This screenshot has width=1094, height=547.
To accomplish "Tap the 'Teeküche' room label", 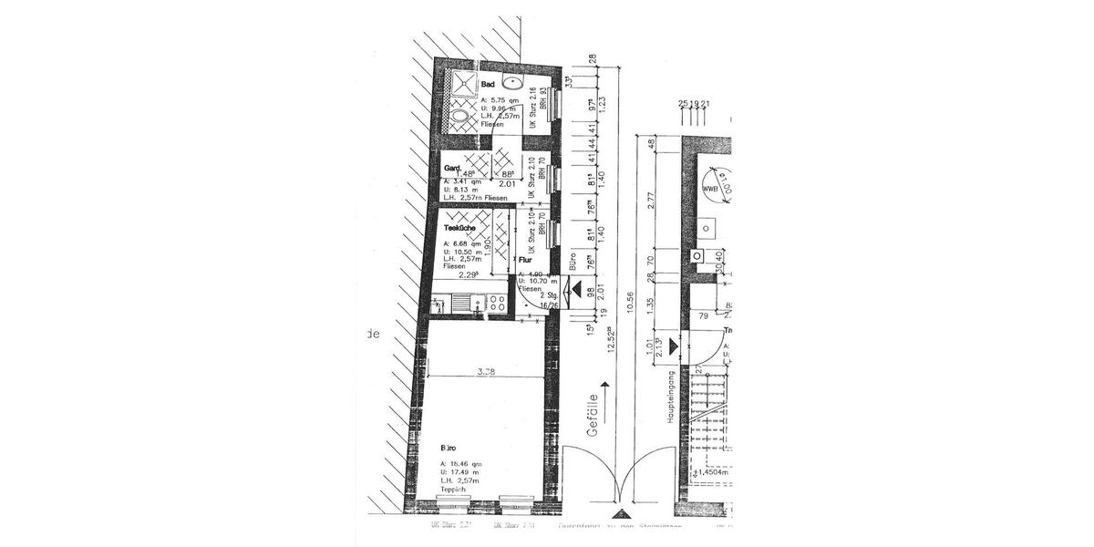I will pos(461,229).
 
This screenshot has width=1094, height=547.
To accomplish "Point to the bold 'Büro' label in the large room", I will pos(449,449).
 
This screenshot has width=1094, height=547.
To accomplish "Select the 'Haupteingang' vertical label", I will pos(670,396).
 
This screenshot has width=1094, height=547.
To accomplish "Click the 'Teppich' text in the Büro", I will pos(455,490).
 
